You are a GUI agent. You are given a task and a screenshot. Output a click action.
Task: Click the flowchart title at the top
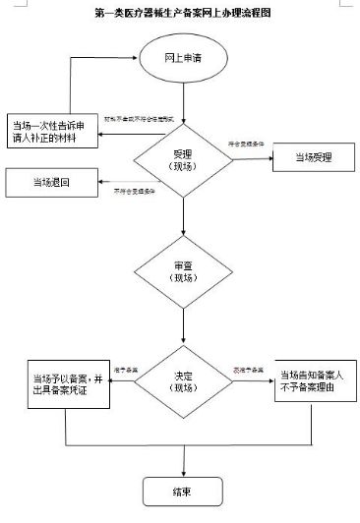click(180, 15)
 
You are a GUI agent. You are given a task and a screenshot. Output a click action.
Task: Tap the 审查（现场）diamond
click(178, 271)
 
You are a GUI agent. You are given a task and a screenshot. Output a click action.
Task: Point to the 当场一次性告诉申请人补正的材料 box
click(56, 131)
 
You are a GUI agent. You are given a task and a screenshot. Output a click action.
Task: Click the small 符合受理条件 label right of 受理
click(247, 145)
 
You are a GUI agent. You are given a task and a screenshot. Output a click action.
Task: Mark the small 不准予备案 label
click(247, 369)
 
